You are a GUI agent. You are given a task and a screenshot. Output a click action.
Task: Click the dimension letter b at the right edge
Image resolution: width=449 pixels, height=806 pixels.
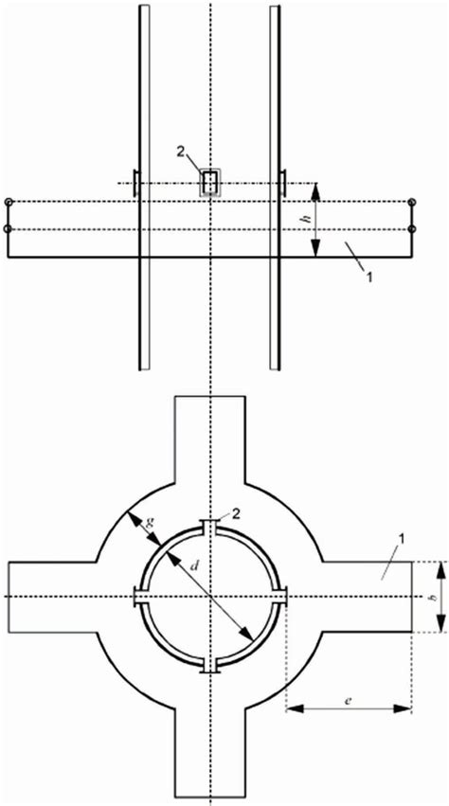tap(433, 598)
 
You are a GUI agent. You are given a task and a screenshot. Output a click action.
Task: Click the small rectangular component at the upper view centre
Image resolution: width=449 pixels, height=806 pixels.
tap(210, 183)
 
